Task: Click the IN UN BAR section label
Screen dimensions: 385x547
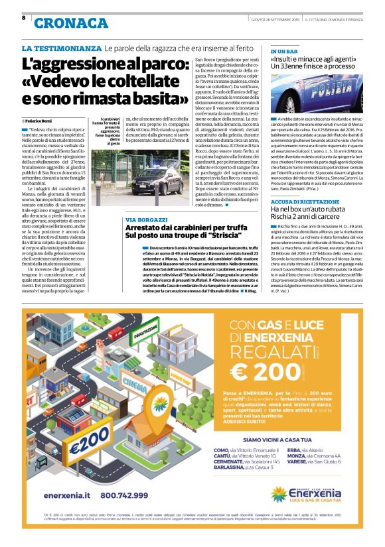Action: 283,50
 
